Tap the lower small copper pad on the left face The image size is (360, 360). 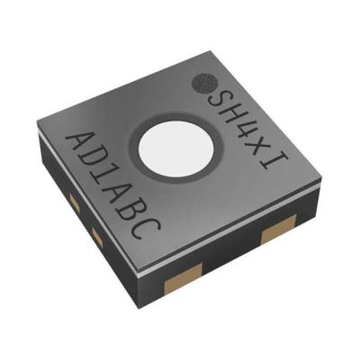pyautogui.click(x=94, y=236)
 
